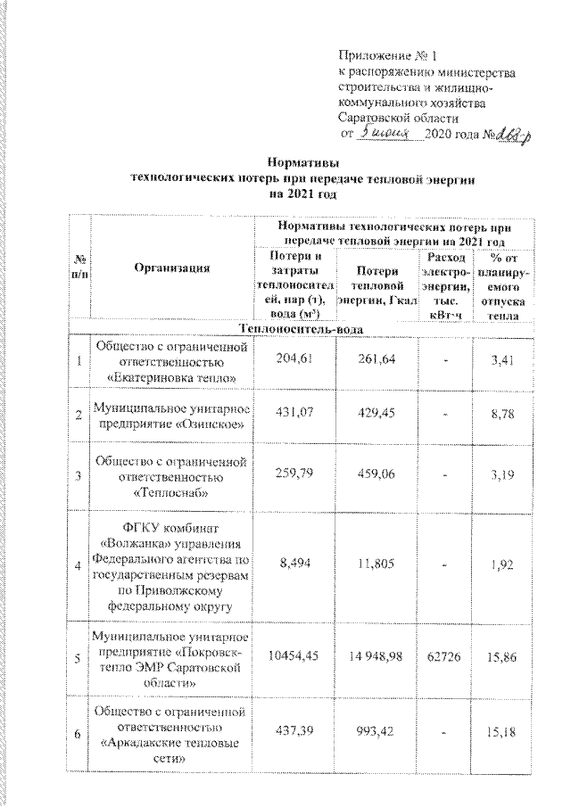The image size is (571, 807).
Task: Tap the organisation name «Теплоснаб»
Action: coord(172,490)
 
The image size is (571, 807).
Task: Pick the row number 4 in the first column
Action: coord(80,564)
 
